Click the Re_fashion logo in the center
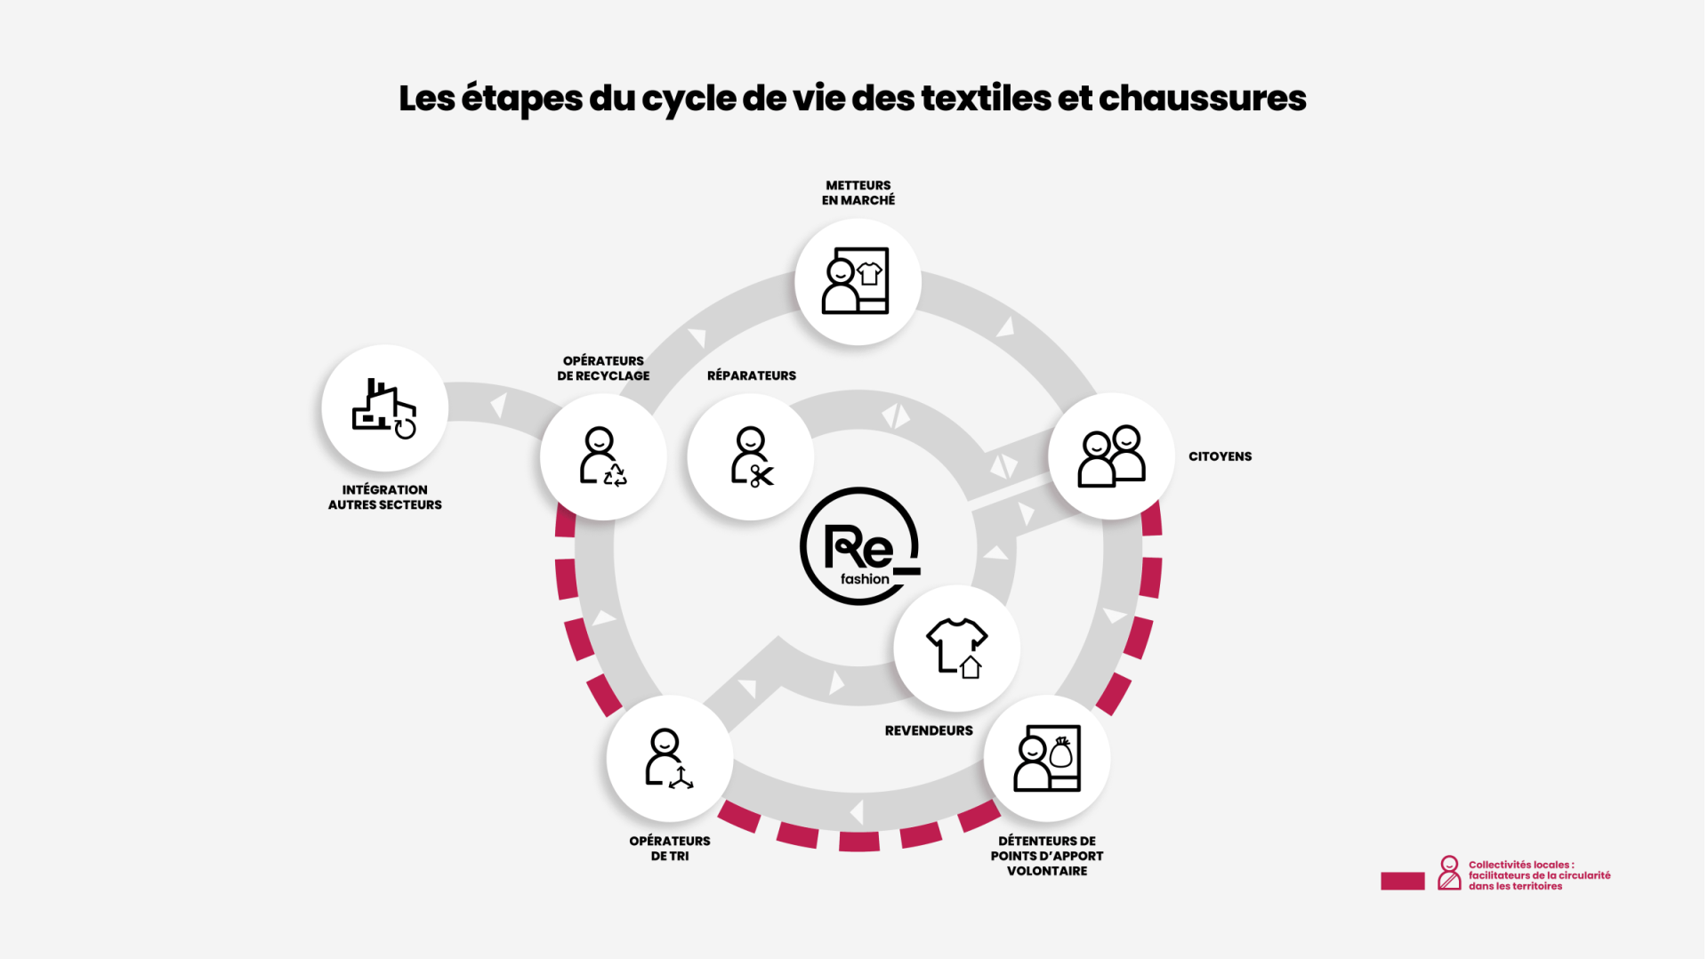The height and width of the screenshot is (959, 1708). tap(859, 546)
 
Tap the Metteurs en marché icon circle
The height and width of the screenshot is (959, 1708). tap(858, 281)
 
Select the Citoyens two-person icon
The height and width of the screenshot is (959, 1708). tap(1111, 456)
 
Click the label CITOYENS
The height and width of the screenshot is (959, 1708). tap(1220, 456)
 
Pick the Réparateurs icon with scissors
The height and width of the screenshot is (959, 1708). tap(751, 456)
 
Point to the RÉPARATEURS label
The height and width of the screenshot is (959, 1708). tap(751, 375)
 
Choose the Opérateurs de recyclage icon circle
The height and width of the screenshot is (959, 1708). tap(603, 456)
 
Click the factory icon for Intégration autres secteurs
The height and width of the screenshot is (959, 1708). tap(384, 408)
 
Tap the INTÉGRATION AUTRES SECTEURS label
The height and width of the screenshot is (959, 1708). tap(384, 497)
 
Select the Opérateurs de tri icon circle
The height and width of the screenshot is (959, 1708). tap(669, 758)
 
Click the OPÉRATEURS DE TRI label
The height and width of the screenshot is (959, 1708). tap(669, 848)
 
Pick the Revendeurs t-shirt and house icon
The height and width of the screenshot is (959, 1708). tap(956, 648)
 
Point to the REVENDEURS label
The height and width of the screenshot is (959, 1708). tap(928, 730)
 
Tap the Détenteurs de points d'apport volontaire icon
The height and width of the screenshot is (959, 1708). tap(1047, 758)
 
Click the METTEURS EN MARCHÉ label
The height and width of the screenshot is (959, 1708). tap(858, 193)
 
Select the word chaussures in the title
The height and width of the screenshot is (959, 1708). tap(1202, 98)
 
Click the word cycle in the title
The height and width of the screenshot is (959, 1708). tap(689, 98)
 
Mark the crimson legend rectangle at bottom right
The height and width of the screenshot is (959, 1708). tap(1402, 881)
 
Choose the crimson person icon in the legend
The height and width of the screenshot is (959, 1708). tap(1449, 873)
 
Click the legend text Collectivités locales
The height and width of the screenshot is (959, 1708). tap(1520, 865)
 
